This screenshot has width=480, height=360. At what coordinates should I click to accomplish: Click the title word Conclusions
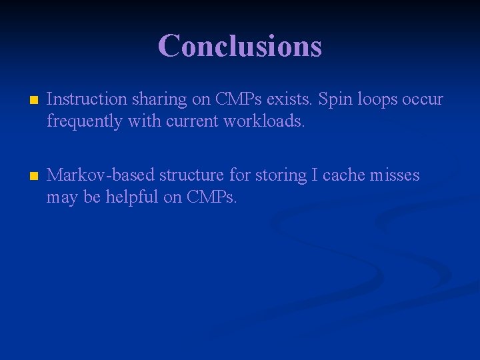coord(240,46)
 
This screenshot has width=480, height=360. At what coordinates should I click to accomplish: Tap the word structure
coord(191,175)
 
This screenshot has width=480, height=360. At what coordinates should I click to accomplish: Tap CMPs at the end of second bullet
coord(212,198)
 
